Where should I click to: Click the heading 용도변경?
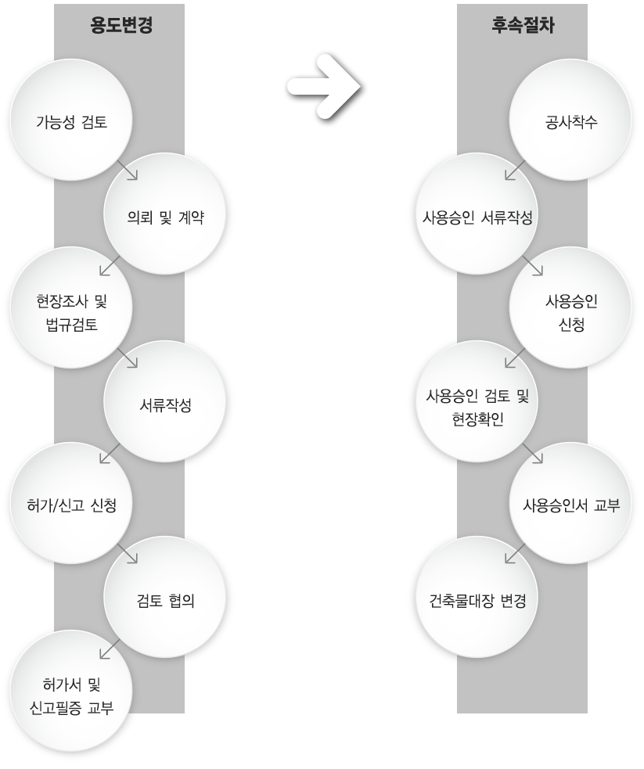point(121,25)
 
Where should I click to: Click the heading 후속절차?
point(523,25)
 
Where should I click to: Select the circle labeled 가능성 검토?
point(72,120)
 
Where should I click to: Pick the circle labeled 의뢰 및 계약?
point(165,214)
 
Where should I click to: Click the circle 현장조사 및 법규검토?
point(72,308)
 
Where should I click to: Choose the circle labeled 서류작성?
point(165,401)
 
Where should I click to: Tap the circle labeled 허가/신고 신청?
point(72,503)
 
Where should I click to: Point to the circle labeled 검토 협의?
point(165,598)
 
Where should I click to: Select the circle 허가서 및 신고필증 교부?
point(72,692)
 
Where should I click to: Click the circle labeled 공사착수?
point(570,120)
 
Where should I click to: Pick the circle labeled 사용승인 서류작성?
point(477,214)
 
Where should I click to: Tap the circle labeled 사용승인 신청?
point(570,308)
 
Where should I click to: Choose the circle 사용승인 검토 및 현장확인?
point(477,401)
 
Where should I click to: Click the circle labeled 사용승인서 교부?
point(570,503)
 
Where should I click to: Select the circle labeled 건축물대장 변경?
point(477,598)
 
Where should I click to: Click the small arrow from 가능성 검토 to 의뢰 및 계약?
point(128,170)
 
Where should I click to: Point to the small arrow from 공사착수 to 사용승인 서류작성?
point(515,170)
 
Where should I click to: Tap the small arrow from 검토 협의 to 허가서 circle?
point(110,649)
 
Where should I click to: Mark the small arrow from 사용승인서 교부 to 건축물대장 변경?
point(515,553)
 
